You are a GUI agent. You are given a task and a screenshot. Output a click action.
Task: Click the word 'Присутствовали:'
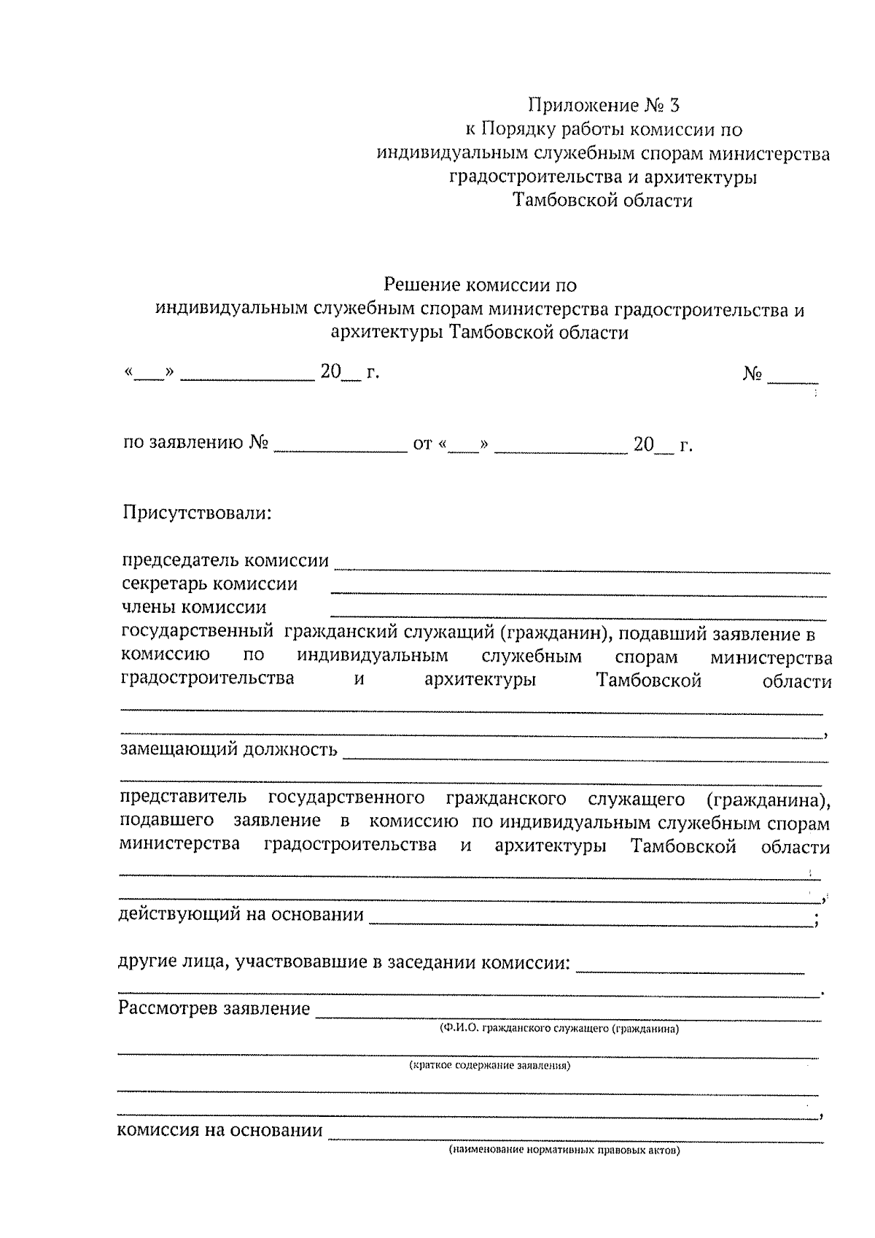tap(196, 513)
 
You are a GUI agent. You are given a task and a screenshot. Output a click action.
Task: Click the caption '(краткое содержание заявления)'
tap(489, 1066)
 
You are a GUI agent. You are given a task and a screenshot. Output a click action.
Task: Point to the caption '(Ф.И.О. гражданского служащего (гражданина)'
tap(559, 1029)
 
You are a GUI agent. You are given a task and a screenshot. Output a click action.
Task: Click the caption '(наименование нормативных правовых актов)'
tap(564, 1152)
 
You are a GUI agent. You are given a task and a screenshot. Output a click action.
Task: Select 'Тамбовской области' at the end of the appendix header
tap(603, 200)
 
